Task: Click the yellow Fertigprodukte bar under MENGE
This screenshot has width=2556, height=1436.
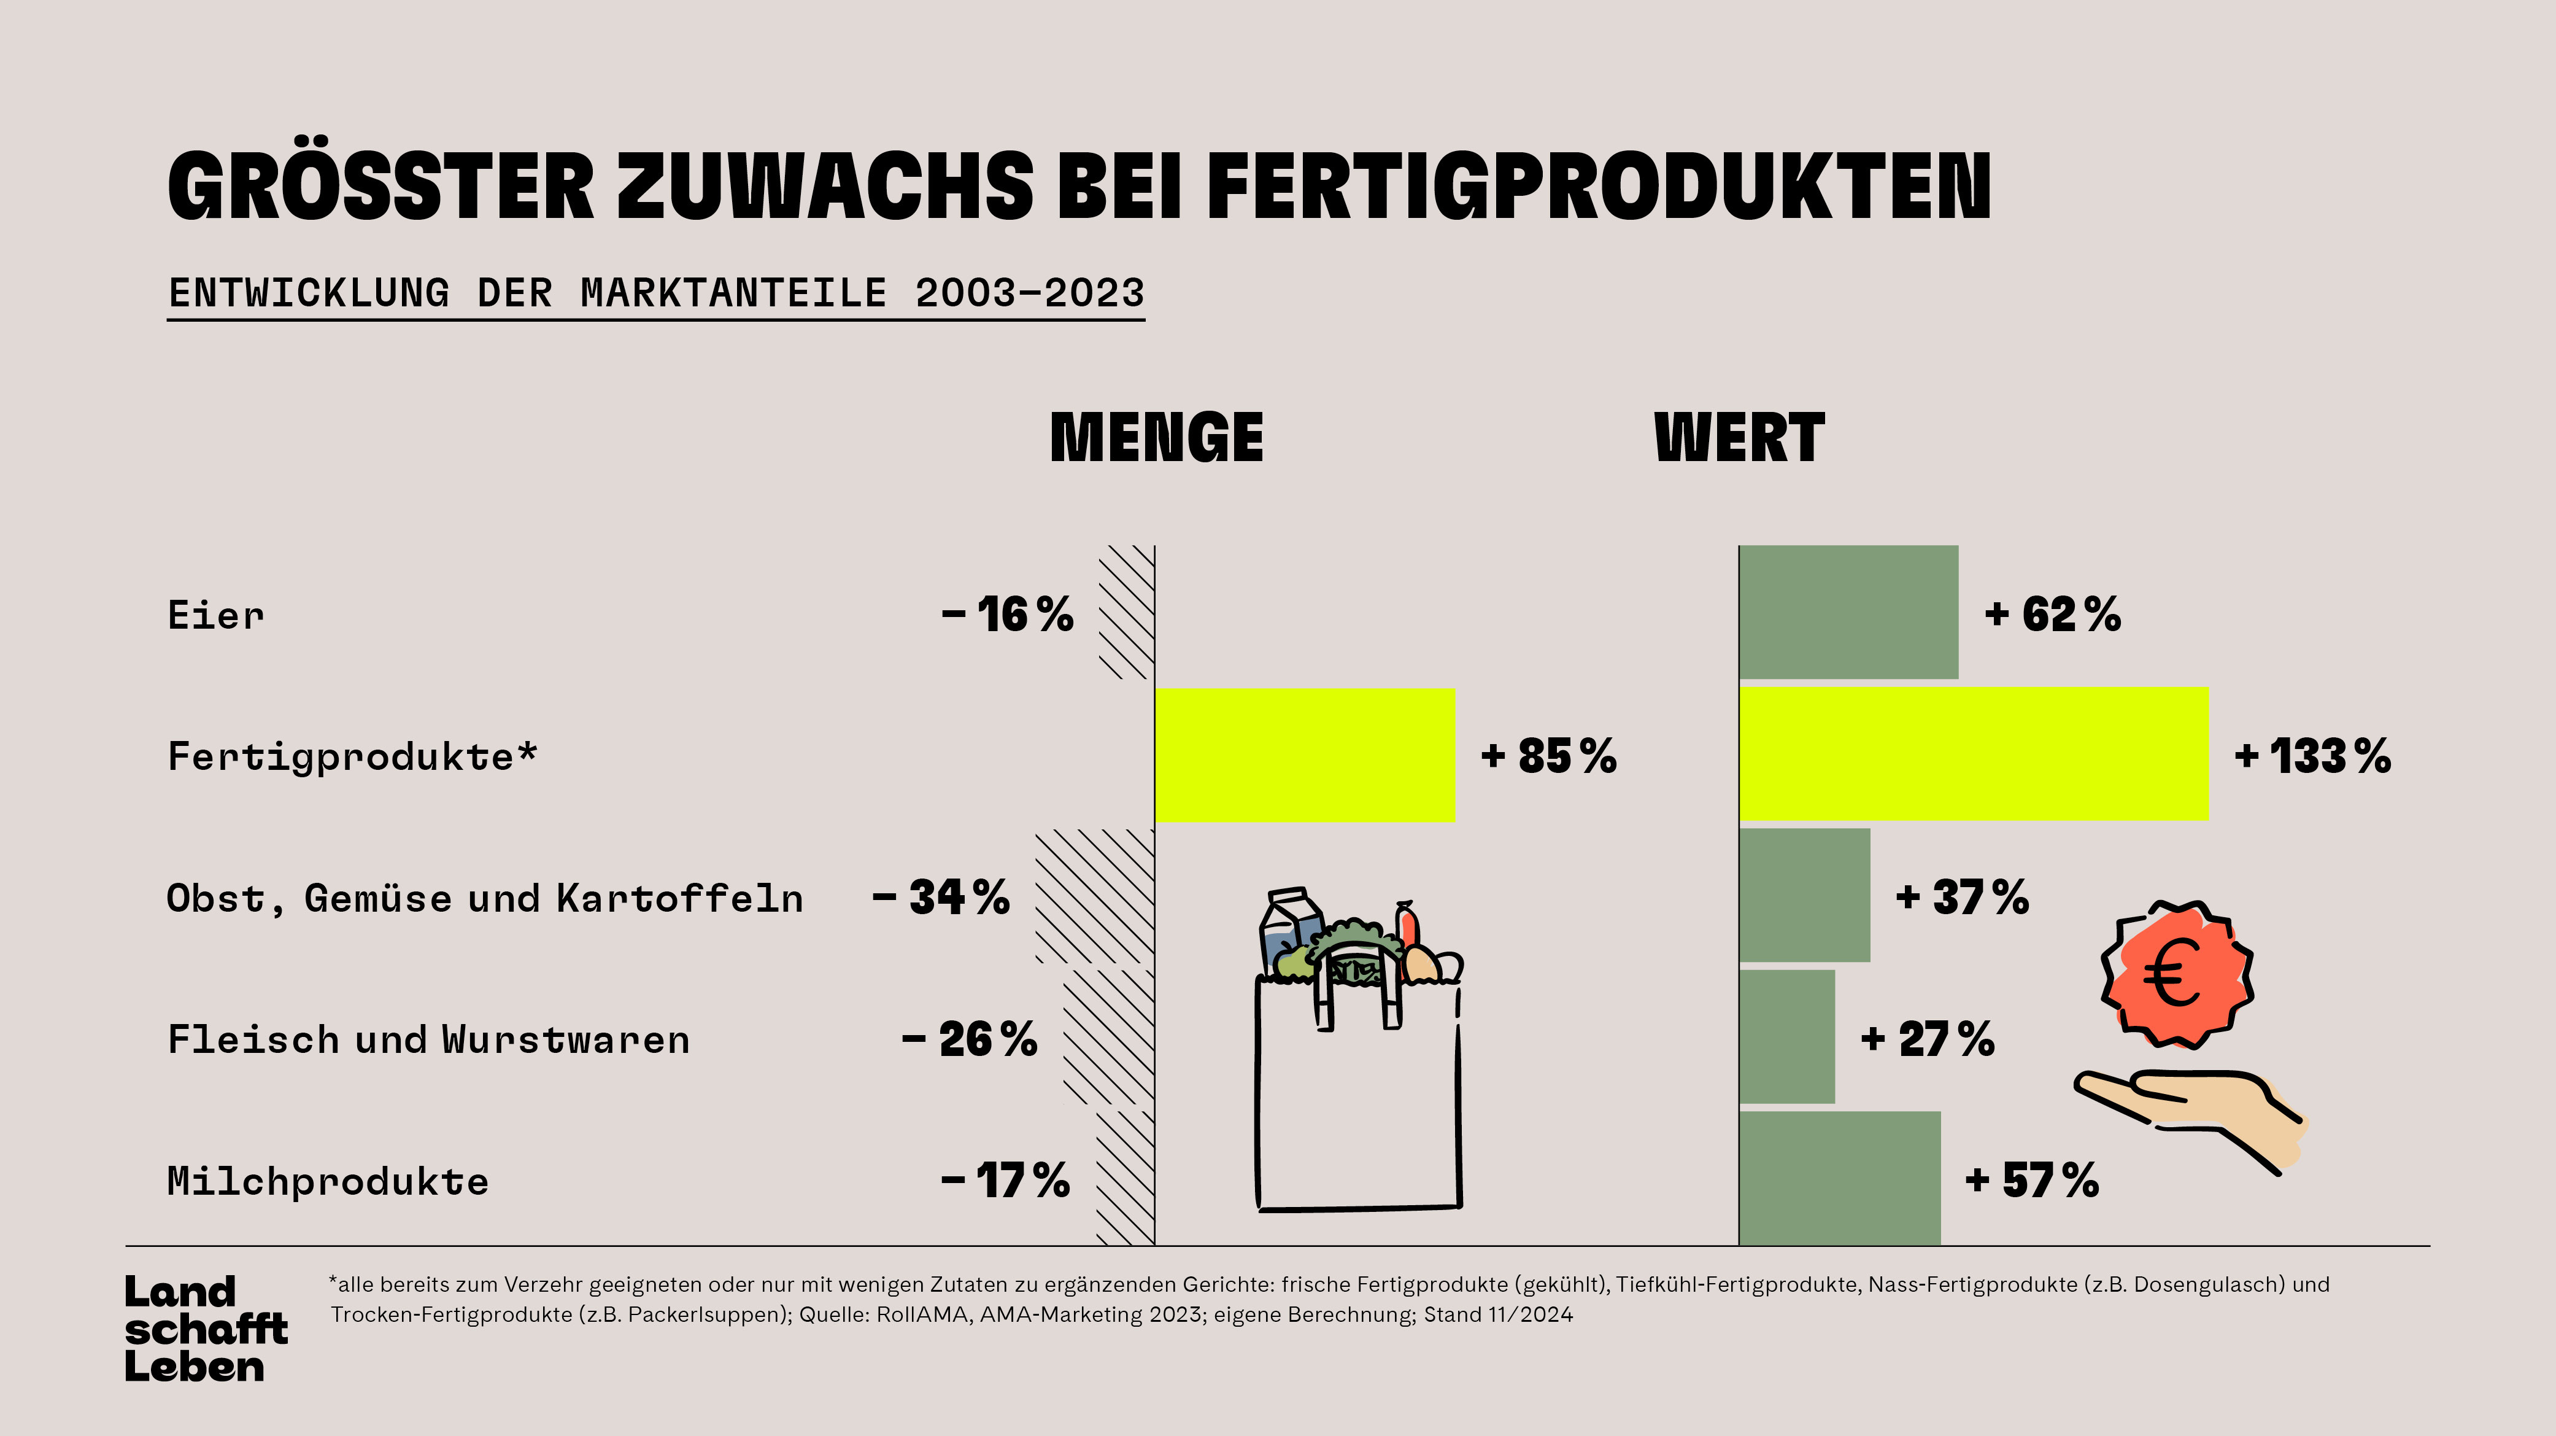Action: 1305,755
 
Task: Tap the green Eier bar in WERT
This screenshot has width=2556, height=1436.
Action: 1848,612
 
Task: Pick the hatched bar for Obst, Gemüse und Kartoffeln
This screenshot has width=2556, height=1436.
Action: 1095,897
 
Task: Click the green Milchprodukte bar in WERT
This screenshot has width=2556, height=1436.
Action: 1840,1178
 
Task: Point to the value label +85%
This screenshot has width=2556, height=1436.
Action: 1548,756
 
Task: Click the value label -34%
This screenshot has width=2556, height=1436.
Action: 941,897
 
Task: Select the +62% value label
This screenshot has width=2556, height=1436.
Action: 2052,615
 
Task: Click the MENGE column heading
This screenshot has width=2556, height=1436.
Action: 1156,438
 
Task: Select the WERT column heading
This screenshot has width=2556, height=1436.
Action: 1739,438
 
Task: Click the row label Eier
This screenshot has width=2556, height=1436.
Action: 216,615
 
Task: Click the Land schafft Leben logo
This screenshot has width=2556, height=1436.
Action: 206,1329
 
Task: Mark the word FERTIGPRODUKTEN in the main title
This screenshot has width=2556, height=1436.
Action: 1597,185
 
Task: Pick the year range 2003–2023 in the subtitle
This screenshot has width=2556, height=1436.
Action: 1029,293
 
